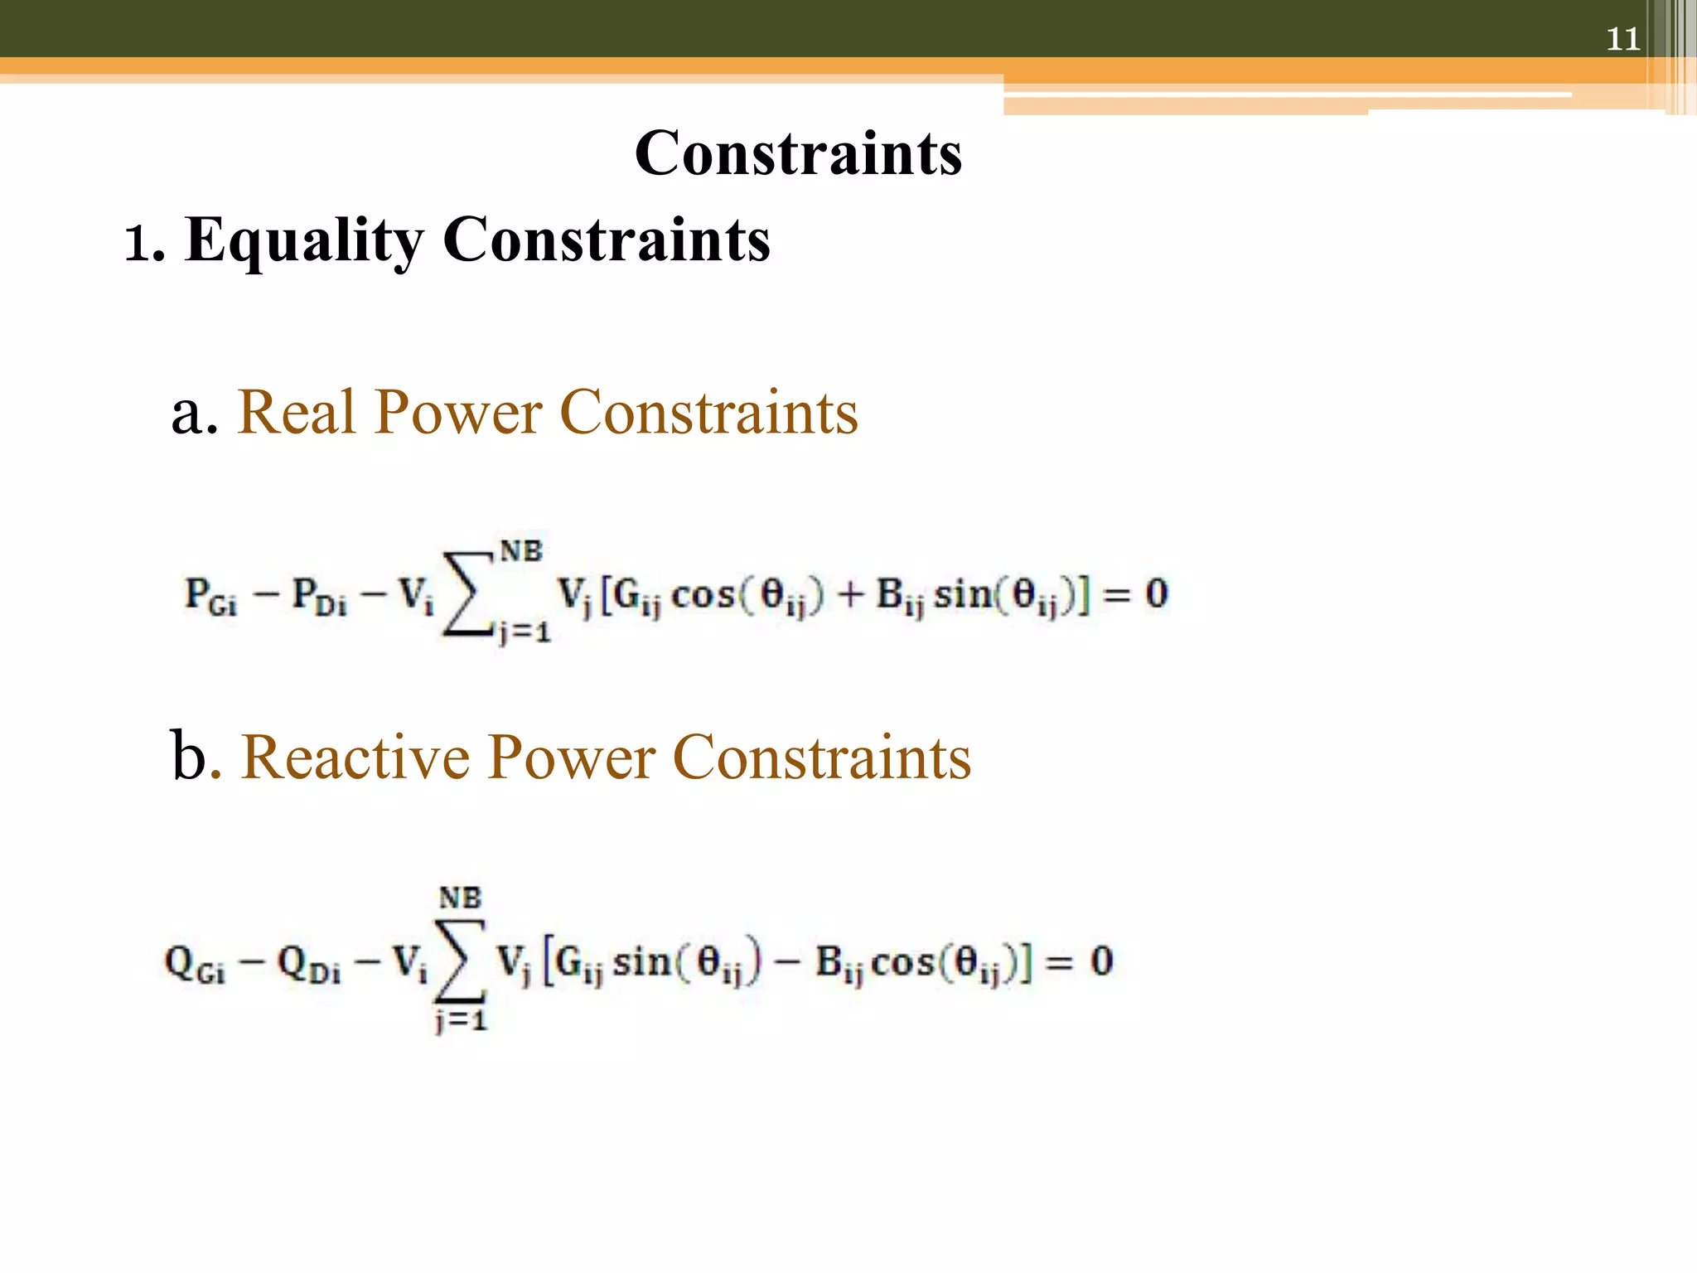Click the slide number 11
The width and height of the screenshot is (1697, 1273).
[1622, 39]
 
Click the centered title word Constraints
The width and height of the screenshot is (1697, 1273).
[798, 153]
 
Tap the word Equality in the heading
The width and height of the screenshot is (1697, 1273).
[303, 240]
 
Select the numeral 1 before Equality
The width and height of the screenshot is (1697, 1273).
[137, 245]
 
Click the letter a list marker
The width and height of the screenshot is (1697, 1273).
[195, 414]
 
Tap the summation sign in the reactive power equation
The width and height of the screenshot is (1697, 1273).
[460, 961]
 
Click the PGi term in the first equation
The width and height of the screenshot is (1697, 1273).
[210, 596]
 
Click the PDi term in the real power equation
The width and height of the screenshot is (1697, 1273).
[320, 596]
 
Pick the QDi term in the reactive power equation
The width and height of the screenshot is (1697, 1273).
[308, 964]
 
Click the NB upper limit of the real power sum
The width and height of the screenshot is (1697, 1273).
[520, 551]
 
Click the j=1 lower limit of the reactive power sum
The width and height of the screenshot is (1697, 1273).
[461, 1020]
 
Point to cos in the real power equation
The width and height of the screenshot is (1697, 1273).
[703, 595]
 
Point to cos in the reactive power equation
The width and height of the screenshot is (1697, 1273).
[902, 962]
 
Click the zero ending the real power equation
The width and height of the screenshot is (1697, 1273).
[1156, 593]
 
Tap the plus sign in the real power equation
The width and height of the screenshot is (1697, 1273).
[849, 595]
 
